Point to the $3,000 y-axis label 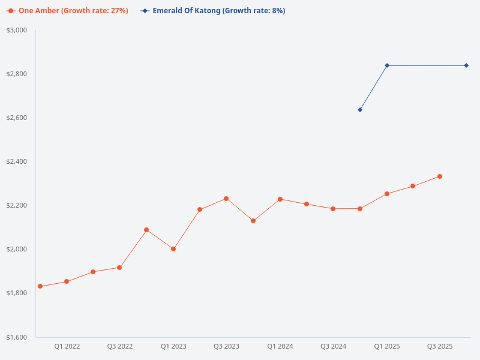click(16, 30)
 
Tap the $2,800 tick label click(16, 74)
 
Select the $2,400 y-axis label click(16, 161)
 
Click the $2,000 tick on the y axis click(16, 249)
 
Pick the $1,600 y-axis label click(16, 337)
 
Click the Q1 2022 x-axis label click(67, 347)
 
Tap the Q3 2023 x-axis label click(226, 347)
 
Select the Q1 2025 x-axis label click(387, 347)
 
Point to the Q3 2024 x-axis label click(333, 347)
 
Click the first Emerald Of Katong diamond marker click(360, 110)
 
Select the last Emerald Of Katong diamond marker click(466, 65)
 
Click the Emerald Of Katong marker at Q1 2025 click(387, 65)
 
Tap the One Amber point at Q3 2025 click(440, 176)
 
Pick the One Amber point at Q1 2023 click(173, 249)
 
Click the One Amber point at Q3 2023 click(226, 199)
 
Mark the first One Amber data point click(40, 286)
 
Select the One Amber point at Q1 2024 click(280, 199)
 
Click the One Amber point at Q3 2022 click(119, 268)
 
